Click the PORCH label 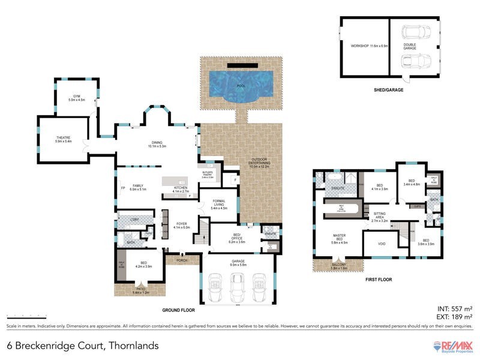pyautogui.click(x=180, y=260)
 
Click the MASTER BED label pyautogui.click(x=340, y=239)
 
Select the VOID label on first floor pyautogui.click(x=381, y=244)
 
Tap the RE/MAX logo pyautogui.click(x=454, y=346)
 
